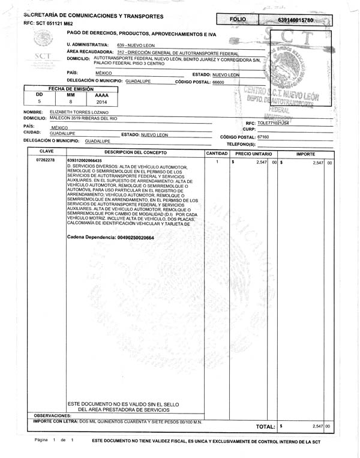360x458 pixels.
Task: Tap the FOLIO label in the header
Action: tap(238, 20)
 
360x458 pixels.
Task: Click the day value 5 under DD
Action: tap(39, 102)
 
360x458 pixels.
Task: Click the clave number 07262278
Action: tap(46, 161)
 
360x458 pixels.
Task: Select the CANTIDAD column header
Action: tap(216, 154)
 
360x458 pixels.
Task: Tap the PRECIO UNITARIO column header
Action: tap(254, 154)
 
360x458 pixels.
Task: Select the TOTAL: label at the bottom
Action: tap(265, 426)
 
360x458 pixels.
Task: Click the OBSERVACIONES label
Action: tap(52, 415)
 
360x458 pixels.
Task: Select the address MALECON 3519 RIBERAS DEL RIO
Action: tap(83, 119)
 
